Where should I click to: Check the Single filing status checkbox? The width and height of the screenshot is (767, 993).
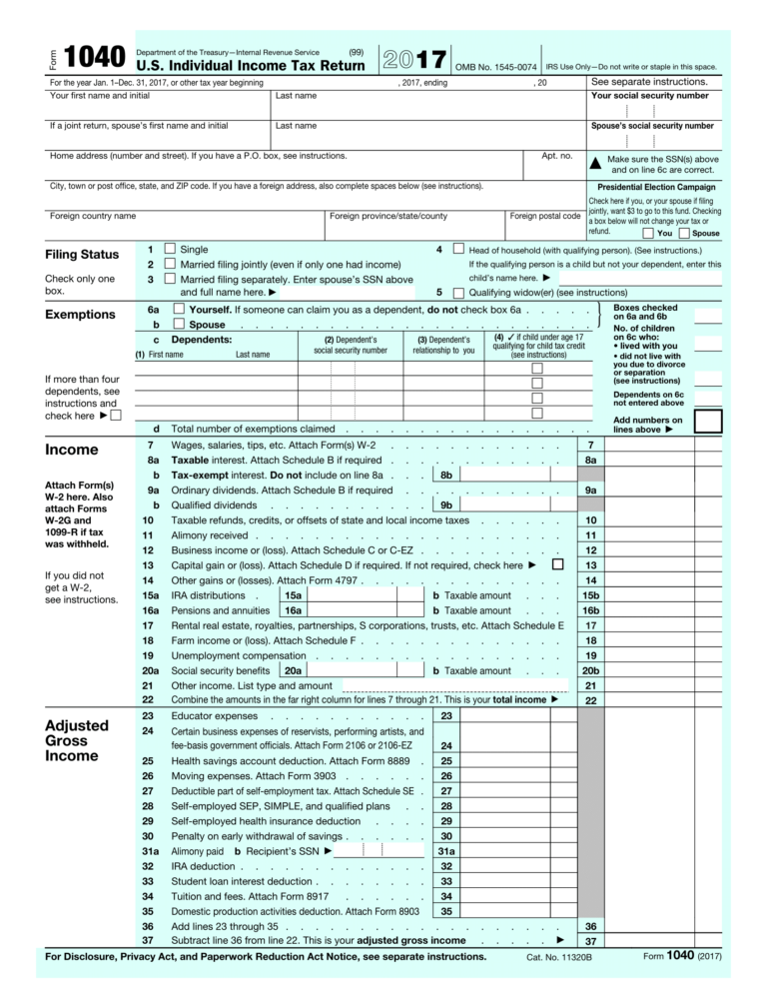[170, 249]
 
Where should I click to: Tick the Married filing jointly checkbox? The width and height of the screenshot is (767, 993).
[170, 264]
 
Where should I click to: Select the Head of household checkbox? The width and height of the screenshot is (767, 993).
[458, 249]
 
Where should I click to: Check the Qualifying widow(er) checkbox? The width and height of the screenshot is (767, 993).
[458, 294]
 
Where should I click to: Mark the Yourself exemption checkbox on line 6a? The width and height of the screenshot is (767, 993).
[179, 310]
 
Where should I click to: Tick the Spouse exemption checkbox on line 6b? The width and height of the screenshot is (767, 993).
[179, 325]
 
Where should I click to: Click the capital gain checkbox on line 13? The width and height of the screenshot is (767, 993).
[557, 564]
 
